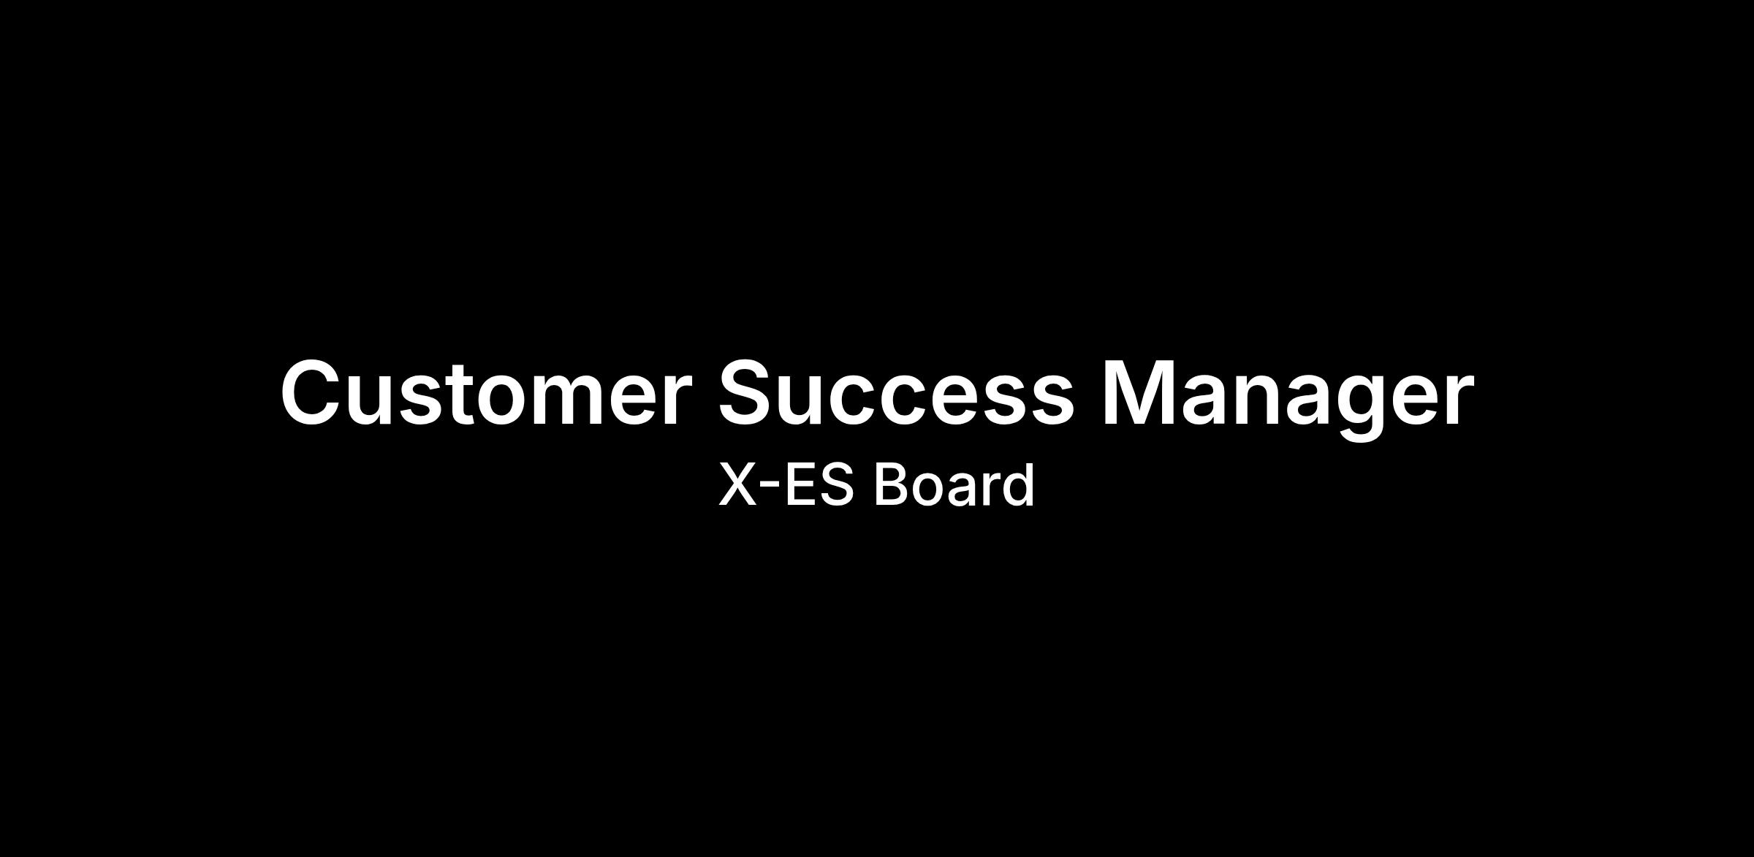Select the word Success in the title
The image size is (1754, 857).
point(896,392)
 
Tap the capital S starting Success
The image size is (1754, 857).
point(749,392)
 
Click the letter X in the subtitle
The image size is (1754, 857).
point(737,484)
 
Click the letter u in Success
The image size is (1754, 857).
point(809,402)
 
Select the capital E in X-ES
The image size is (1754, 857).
point(799,484)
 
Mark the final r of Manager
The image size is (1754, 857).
point(1459,400)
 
